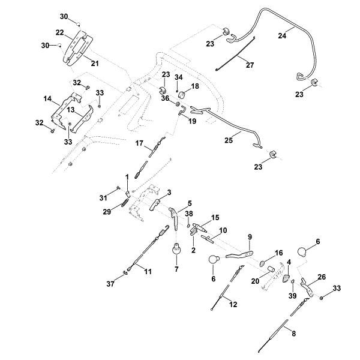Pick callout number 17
[x=139, y=143]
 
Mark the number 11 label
[x=148, y=271]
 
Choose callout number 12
[x=233, y=305]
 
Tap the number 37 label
[x=110, y=284]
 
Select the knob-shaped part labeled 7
[x=177, y=249]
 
